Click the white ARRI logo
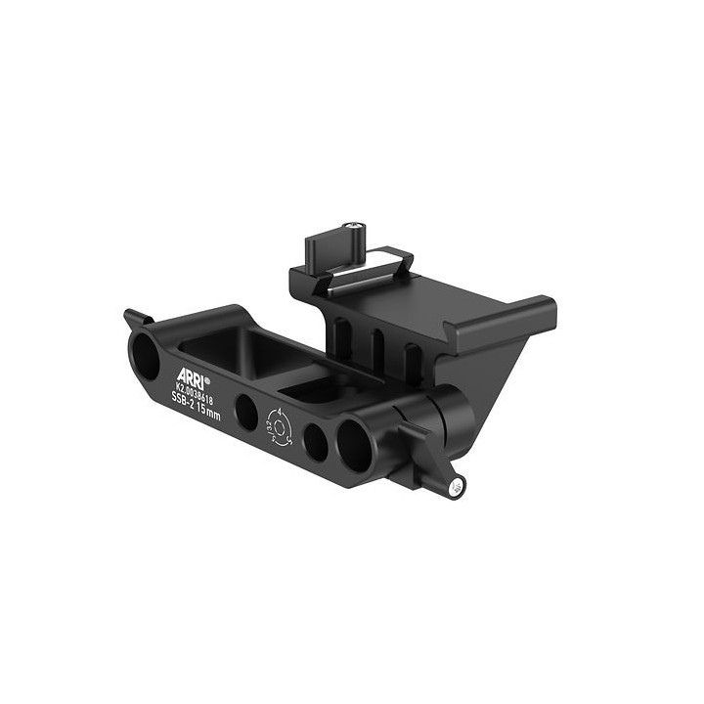click(x=192, y=375)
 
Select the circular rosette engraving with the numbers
click(x=280, y=427)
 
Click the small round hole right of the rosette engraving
click(x=315, y=443)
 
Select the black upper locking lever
click(x=330, y=248)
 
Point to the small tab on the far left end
click(x=135, y=319)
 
